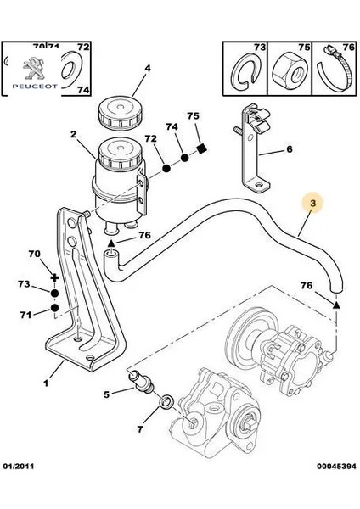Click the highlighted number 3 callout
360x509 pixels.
tap(312, 204)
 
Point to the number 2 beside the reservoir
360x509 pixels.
tap(73, 134)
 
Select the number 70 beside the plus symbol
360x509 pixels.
tap(34, 254)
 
